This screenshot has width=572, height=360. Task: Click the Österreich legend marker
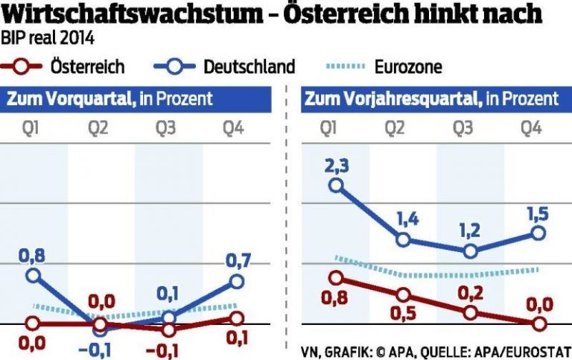pos(22,67)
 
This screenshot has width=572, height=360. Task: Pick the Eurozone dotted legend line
pos(343,67)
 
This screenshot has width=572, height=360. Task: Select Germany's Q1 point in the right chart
pos(337,185)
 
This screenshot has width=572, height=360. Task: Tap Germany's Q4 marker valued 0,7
pos(237,281)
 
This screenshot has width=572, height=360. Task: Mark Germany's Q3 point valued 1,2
pos(470,251)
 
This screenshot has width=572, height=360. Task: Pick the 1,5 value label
pos(538,214)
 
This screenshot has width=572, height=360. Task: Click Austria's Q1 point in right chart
pos(337,278)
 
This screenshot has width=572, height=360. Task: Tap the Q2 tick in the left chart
pos(99,128)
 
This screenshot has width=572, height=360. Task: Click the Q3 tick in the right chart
pos(463,128)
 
